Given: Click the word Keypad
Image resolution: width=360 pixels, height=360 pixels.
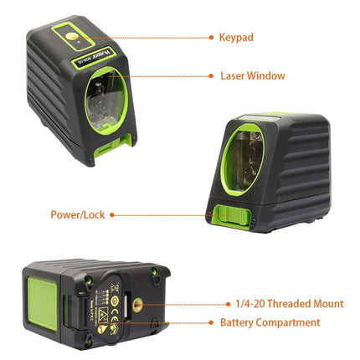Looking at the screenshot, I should pyautogui.click(x=236, y=37).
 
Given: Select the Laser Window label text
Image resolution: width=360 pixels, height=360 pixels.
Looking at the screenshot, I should pyautogui.click(x=252, y=75).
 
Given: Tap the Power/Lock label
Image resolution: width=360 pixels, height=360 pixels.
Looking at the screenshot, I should pyautogui.click(x=76, y=214).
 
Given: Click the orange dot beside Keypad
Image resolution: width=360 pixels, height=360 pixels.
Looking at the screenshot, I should pyautogui.click(x=209, y=37).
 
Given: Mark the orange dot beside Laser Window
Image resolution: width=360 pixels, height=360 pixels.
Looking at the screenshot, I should pyautogui.click(x=210, y=75).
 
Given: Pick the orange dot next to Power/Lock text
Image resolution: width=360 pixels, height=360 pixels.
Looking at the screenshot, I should pyautogui.click(x=112, y=214).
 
